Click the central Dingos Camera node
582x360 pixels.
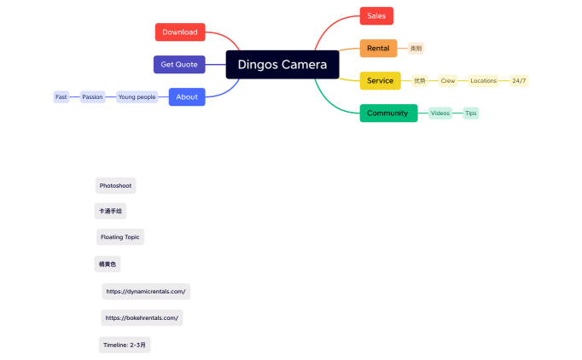click(282, 64)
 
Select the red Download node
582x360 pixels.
click(180, 32)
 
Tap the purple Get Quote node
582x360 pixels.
click(179, 65)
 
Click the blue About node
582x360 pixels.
click(187, 97)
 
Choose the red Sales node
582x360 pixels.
click(376, 16)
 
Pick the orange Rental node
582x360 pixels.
click(378, 49)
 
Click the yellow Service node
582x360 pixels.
click(380, 81)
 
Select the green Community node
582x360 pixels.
click(388, 113)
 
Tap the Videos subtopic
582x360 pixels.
click(439, 113)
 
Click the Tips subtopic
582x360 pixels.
click(471, 113)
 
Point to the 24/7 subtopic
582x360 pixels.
click(519, 81)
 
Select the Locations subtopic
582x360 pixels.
click(483, 81)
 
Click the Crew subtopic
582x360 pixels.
click(448, 81)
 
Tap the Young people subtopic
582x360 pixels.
click(137, 97)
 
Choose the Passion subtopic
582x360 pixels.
click(92, 97)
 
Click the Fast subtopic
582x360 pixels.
click(61, 97)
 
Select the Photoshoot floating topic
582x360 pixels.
click(115, 185)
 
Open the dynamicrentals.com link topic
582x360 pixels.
click(145, 292)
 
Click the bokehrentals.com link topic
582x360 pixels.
click(142, 318)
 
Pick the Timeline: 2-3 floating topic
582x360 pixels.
click(125, 345)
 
